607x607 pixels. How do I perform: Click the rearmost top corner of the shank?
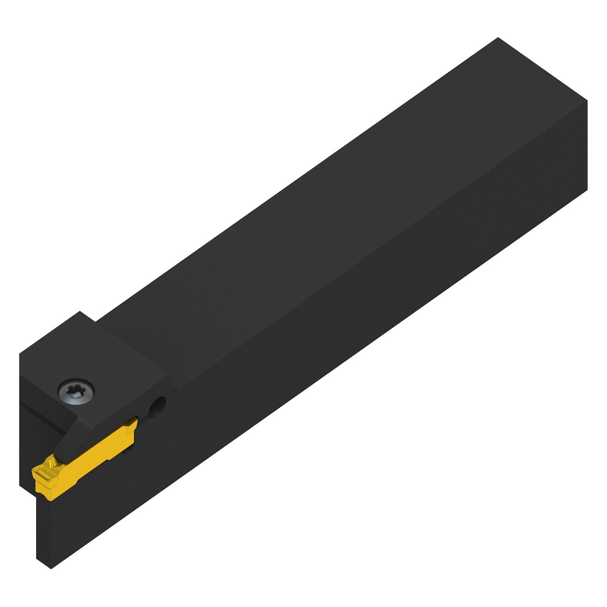point(497,38)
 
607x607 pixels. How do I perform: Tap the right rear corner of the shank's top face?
point(587,101)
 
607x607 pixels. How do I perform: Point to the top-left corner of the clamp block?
point(20,353)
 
